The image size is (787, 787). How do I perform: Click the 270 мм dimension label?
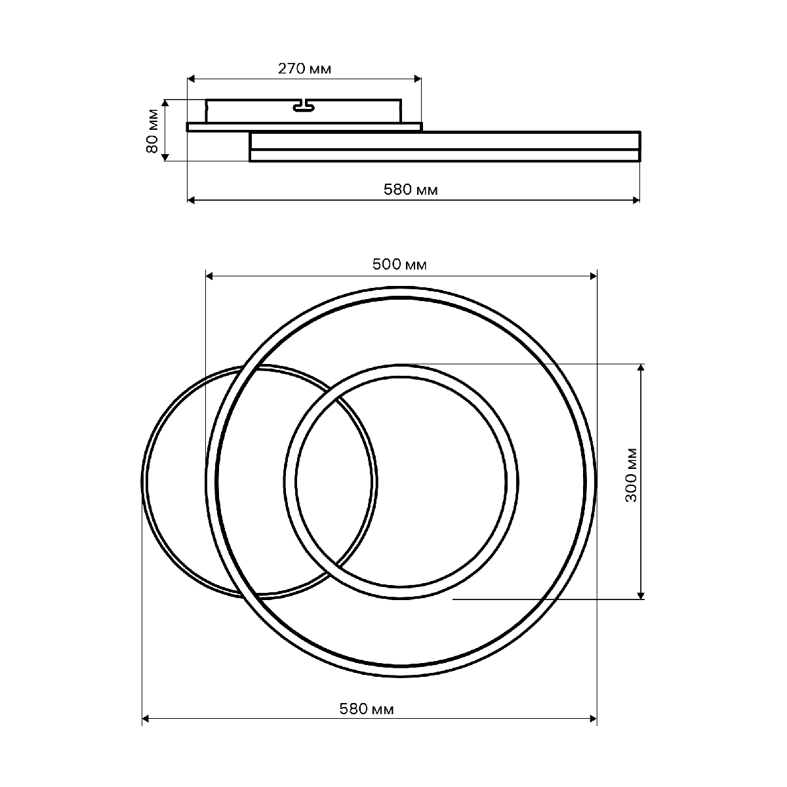click(304, 69)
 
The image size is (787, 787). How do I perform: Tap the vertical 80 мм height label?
click(152, 131)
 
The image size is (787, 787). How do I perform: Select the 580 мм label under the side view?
click(411, 190)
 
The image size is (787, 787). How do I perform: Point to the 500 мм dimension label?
click(399, 265)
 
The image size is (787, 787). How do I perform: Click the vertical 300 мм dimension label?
click(632, 475)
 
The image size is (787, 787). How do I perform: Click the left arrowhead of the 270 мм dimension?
click(191, 79)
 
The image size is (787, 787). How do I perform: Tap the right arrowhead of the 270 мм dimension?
click(417, 79)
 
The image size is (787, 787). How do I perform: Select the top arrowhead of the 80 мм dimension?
click(165, 103)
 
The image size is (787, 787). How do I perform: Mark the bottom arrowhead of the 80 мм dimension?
click(165, 157)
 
